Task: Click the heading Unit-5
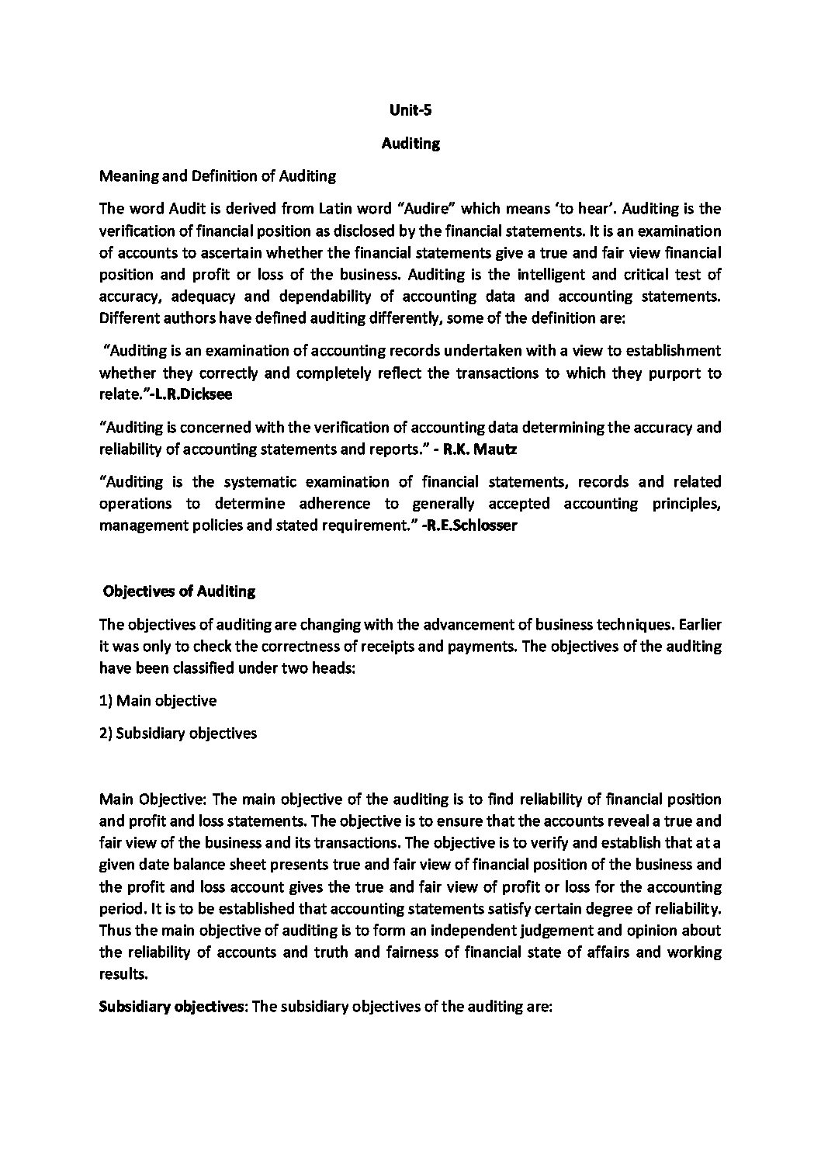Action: coord(410,110)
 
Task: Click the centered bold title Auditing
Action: coord(410,144)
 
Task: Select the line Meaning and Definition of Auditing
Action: coord(217,176)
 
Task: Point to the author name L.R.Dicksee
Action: coord(189,395)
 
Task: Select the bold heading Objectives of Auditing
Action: coord(179,591)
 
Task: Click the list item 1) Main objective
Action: coord(158,701)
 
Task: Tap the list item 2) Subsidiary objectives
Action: coord(178,734)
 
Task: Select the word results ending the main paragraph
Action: coord(123,974)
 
